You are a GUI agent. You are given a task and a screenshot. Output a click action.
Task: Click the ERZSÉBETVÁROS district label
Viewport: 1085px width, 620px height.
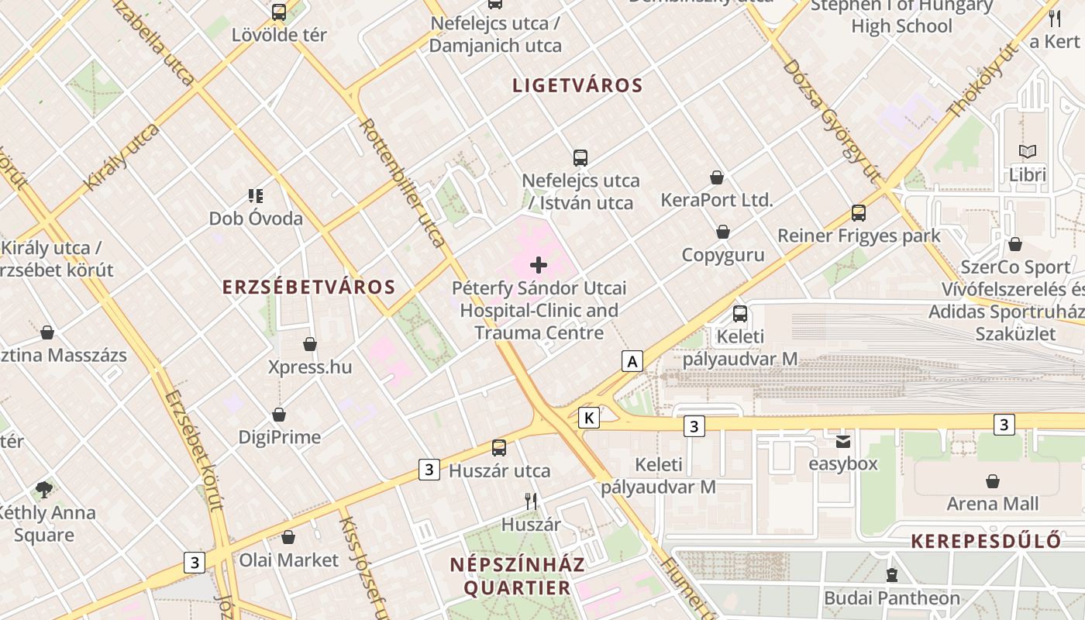[308, 287]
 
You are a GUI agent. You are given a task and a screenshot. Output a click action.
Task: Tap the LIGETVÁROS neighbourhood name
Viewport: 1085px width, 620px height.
[577, 85]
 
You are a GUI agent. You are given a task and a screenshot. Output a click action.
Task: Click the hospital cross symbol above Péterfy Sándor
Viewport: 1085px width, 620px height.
[539, 265]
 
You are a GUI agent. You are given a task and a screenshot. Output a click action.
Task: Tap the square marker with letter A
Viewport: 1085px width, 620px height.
[633, 361]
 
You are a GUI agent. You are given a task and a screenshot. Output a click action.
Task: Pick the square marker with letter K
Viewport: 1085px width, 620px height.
[589, 418]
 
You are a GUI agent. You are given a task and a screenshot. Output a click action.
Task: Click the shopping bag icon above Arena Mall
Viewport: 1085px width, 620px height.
[993, 481]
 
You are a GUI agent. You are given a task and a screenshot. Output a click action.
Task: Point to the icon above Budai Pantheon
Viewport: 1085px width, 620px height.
[892, 575]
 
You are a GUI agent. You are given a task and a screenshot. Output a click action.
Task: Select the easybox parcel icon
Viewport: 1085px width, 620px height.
[842, 441]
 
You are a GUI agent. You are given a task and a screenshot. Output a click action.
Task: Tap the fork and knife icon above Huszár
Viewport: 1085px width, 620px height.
[531, 501]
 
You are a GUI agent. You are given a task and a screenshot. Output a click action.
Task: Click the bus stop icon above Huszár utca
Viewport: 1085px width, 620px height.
[499, 447]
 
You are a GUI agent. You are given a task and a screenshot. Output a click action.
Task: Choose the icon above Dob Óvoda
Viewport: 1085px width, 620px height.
[256, 195]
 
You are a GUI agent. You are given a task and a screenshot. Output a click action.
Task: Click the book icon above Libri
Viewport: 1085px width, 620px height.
[1028, 152]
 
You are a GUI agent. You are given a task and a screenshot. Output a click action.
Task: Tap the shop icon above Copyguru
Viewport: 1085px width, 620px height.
[723, 232]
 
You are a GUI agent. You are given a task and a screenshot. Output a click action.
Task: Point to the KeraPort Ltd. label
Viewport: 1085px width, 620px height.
[717, 200]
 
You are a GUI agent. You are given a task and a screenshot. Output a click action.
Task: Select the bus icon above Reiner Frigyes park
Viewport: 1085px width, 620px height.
[859, 212]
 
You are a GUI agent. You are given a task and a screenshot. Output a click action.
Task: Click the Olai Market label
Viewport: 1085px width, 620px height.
[288, 560]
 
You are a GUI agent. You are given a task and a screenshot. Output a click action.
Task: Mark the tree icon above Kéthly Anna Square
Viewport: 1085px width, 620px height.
[44, 489]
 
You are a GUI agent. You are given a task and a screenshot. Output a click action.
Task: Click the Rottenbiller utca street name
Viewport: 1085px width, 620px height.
[403, 182]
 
